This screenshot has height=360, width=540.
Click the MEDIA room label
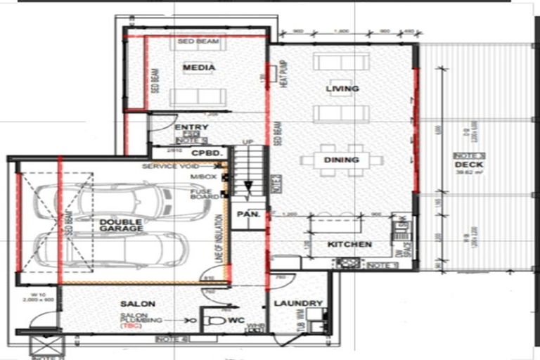point(198,67)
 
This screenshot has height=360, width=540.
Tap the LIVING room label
point(342,89)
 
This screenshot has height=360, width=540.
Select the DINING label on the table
point(342,160)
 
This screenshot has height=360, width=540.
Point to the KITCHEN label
point(349,244)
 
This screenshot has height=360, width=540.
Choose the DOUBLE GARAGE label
point(121,225)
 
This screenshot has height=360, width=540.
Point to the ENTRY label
point(191,128)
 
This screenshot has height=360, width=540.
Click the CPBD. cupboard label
point(207,152)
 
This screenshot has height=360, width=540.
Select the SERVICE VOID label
point(169,167)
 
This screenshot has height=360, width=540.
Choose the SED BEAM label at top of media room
point(198,42)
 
